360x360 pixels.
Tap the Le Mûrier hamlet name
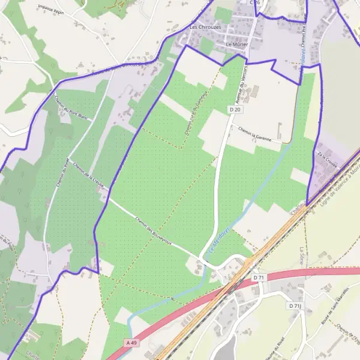237,45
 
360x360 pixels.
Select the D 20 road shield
235,110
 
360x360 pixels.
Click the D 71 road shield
259,278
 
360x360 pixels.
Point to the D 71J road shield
294,306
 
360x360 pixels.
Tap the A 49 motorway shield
133,343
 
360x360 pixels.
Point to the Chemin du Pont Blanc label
70,109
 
